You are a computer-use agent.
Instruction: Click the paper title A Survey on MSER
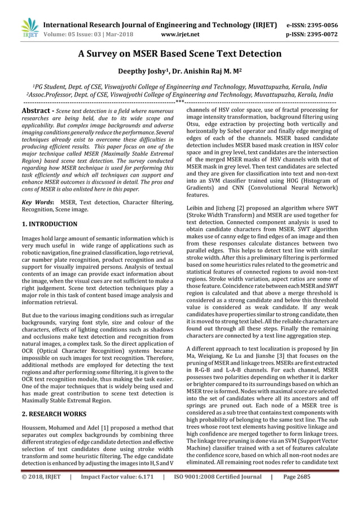[179, 54]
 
